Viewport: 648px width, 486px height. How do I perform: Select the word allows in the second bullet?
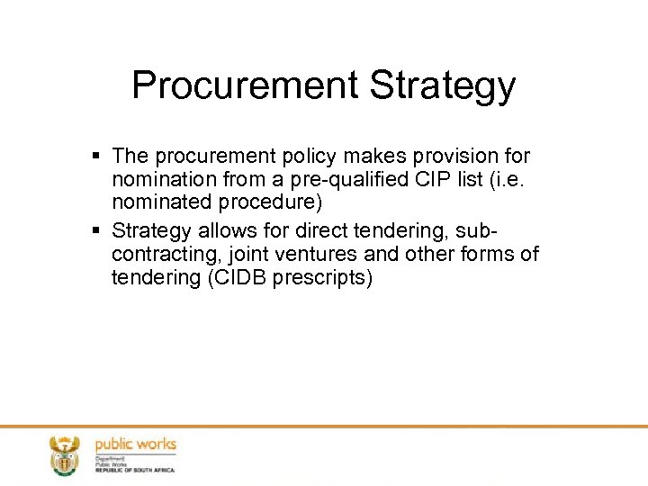point(220,231)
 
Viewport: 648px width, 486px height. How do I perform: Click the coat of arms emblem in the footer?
point(64,454)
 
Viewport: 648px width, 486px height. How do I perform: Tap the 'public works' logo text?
point(136,445)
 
